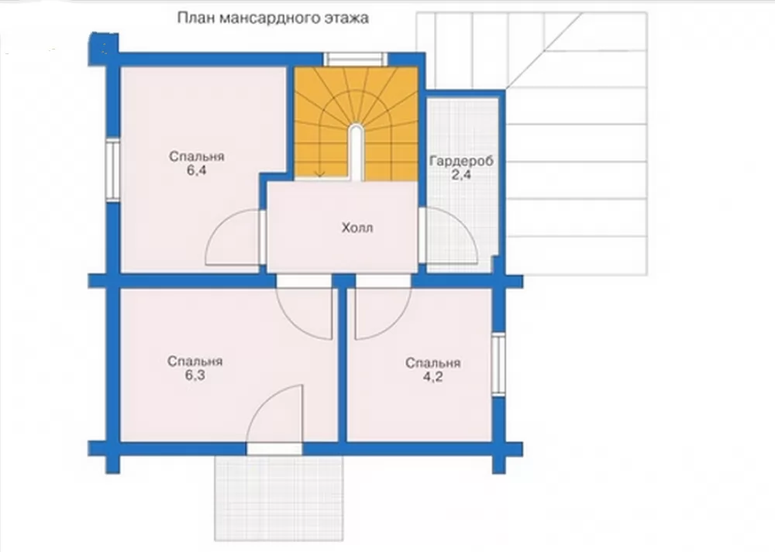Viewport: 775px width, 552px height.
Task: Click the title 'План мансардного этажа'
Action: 273,19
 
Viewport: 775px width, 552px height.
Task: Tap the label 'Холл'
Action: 356,228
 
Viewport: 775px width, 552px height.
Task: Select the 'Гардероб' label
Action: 461,161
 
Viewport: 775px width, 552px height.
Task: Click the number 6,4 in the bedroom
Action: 196,171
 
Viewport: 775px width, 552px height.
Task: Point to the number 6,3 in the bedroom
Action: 195,375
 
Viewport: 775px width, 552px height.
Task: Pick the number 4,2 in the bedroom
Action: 432,377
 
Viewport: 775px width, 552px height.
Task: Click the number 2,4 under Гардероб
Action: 460,174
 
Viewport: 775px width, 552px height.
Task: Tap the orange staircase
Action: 356,123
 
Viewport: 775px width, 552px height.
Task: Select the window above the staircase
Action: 356,59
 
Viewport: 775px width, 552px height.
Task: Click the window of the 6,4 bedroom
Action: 113,170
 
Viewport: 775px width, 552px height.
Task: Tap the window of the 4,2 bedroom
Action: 498,365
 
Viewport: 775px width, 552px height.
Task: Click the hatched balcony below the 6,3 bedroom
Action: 279,498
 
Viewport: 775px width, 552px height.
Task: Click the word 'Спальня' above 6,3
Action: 195,362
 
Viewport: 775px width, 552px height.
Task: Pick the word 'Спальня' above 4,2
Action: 433,363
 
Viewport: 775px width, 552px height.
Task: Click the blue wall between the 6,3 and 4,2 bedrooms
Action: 342,365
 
